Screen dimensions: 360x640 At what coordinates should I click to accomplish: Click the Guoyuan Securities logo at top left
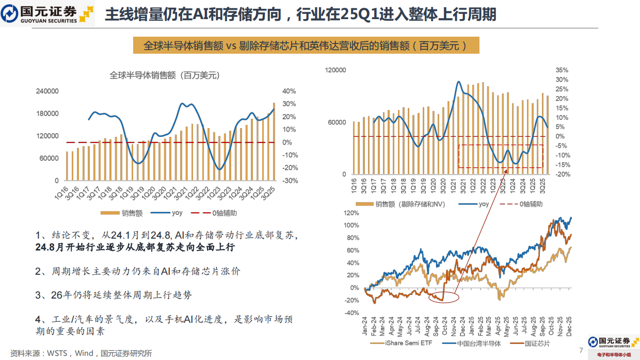coord(47,14)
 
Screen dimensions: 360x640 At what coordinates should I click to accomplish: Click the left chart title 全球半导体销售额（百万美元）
coord(165,75)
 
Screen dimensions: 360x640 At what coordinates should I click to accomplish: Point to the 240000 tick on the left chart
coord(47,91)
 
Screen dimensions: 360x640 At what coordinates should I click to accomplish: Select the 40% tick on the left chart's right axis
coord(289,91)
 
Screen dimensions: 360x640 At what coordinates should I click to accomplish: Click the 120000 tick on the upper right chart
coord(335,70)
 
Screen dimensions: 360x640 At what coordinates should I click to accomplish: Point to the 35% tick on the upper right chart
coord(562,70)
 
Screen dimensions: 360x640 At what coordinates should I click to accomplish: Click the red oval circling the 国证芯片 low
coord(443,298)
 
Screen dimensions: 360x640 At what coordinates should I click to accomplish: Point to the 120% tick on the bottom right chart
coord(351,213)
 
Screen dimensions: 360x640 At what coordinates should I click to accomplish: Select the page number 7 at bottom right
coord(581,351)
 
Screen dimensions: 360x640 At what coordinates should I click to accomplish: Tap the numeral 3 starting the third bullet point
coord(38,295)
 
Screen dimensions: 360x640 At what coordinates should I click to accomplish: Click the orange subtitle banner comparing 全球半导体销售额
coord(306,45)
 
